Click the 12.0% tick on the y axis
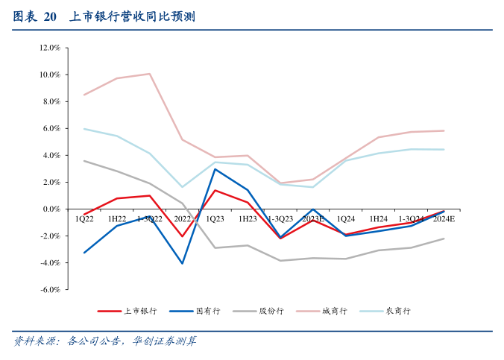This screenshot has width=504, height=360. [50, 48]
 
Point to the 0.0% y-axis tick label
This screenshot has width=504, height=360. [51, 209]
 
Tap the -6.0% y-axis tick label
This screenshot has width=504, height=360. [50, 290]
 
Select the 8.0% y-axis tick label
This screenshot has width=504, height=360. [51, 101]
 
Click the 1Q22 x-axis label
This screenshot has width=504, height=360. [84, 219]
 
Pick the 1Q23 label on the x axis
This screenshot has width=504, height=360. [215, 219]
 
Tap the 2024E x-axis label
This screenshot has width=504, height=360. [444, 219]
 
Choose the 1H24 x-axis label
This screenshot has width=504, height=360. [379, 219]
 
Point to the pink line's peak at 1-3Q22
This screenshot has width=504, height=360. [150, 74]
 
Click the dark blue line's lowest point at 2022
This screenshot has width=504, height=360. [183, 263]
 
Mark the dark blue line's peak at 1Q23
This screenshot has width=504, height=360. [215, 169]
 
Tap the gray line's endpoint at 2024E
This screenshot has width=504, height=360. [444, 239]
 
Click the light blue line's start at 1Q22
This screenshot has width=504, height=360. [84, 129]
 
